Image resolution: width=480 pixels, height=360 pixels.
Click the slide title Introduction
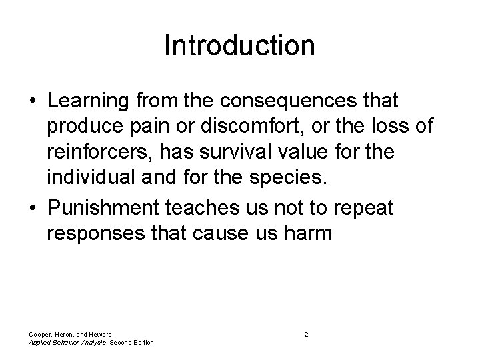[x=239, y=46]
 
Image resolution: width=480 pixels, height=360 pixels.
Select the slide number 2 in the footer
[x=306, y=333]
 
